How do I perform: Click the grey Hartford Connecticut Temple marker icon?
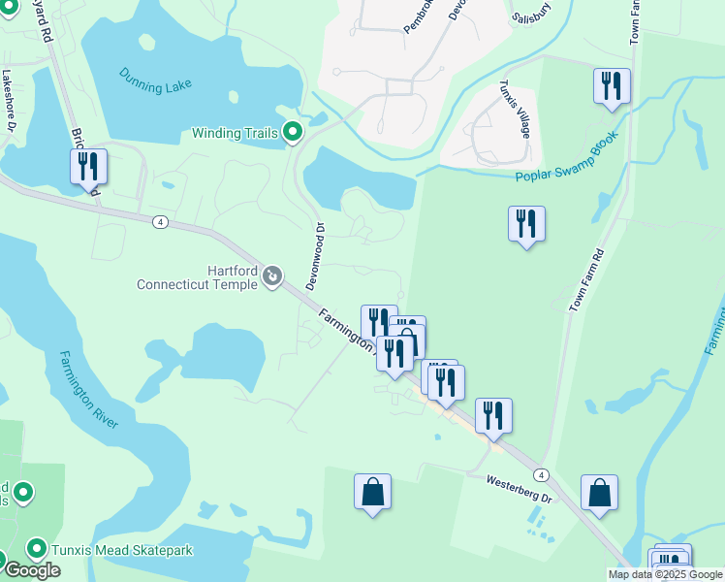[272, 278]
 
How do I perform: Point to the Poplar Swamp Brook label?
[567, 160]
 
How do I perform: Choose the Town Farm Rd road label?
[587, 279]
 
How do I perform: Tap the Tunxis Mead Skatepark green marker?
[38, 550]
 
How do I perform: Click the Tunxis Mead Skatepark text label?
[122, 550]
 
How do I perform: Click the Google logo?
[32, 570]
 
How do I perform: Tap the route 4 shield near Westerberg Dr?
[541, 474]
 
